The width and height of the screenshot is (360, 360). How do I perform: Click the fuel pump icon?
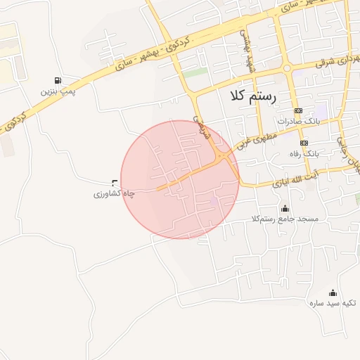(57, 81)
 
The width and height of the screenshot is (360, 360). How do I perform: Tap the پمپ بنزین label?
(57, 91)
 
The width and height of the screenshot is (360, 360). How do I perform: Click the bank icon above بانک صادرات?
(298, 111)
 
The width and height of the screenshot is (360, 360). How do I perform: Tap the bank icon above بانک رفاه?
(304, 143)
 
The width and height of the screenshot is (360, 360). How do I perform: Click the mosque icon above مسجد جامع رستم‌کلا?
(285, 208)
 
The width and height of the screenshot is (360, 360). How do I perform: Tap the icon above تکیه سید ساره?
(333, 293)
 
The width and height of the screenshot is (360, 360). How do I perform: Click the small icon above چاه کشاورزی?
(115, 182)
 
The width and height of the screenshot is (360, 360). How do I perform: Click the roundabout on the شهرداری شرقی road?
(287, 68)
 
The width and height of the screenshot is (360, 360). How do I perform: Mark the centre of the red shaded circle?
(180, 179)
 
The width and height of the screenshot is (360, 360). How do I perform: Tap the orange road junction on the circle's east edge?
(225, 156)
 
